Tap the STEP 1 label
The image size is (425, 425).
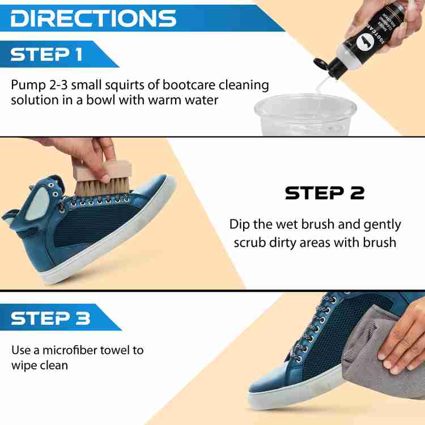[46, 54]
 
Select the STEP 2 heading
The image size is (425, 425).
[324, 193]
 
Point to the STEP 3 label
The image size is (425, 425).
[50, 318]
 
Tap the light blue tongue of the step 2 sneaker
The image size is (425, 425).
[43, 192]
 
